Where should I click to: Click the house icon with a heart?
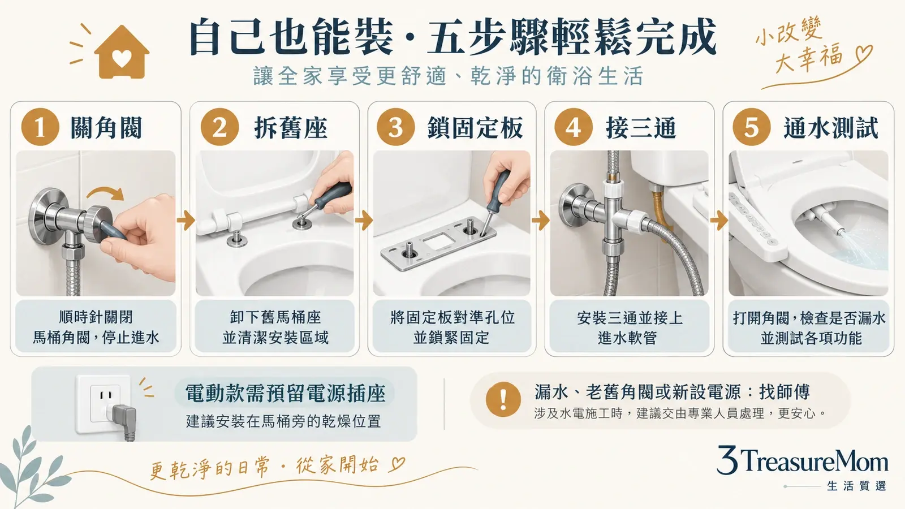tap(122, 53)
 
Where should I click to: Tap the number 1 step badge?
tap(40, 127)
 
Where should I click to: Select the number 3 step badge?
tap(395, 127)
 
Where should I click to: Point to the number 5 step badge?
tap(752, 127)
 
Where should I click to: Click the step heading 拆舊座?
tap(291, 128)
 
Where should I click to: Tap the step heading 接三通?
tap(641, 128)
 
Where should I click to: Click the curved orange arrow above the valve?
tap(106, 192)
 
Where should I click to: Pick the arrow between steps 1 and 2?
tap(186, 221)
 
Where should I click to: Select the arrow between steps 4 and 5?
tap(719, 221)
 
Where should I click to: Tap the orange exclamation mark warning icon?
tap(503, 399)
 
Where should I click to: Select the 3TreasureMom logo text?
tap(803, 460)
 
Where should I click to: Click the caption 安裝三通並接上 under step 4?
tap(630, 318)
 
